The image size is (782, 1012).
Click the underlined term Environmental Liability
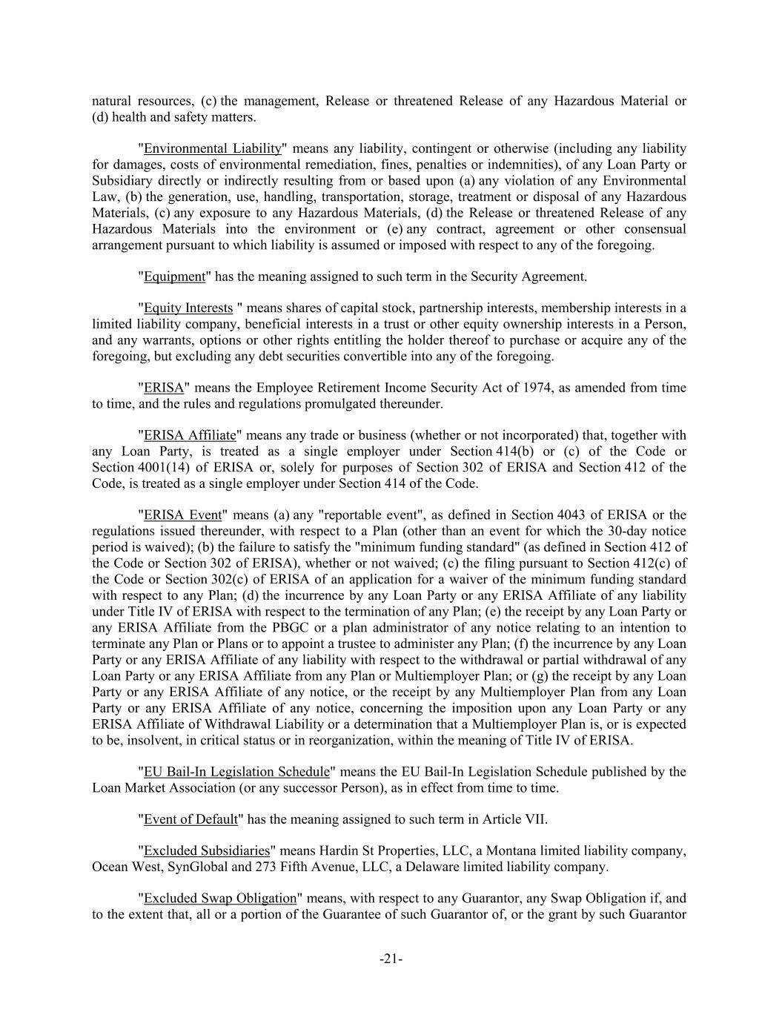point(212,148)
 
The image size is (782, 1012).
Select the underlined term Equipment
point(173,277)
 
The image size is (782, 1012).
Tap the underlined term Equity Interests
point(188,308)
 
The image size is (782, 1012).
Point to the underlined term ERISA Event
point(182,515)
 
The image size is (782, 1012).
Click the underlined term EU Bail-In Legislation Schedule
point(236,772)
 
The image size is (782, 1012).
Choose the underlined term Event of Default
point(190,819)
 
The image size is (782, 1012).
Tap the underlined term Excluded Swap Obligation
point(219,899)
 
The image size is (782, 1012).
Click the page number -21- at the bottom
point(391,959)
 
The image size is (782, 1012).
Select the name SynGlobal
point(199,867)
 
